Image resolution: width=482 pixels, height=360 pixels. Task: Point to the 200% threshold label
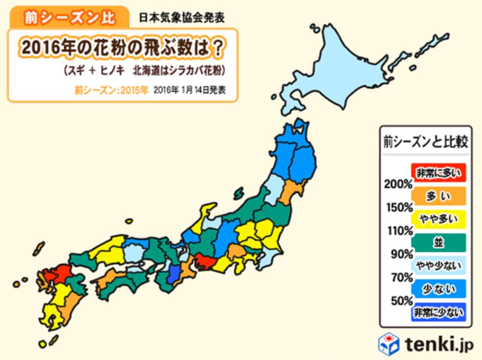(x=398, y=184)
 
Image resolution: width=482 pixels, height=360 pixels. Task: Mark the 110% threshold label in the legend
(x=398, y=231)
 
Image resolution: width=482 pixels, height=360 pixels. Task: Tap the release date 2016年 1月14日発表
(x=189, y=90)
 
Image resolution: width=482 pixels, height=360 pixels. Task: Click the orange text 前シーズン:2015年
(x=111, y=90)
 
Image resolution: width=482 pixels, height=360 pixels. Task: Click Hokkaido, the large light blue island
(x=337, y=72)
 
